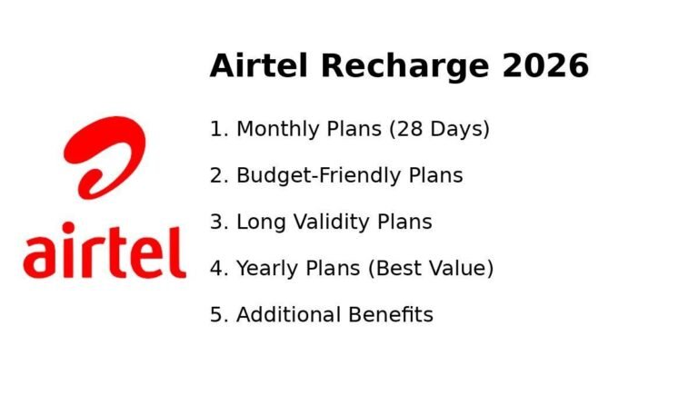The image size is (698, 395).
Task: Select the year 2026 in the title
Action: pos(543,66)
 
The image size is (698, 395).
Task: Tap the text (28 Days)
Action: pos(439,129)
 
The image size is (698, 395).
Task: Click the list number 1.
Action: pos(216,129)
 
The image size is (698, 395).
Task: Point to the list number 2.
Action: pos(216,175)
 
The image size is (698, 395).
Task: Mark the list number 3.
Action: pos(216,222)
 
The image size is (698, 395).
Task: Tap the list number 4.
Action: pos(216,268)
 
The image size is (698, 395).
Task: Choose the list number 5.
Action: pos(216,314)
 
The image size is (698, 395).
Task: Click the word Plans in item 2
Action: pos(433,175)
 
